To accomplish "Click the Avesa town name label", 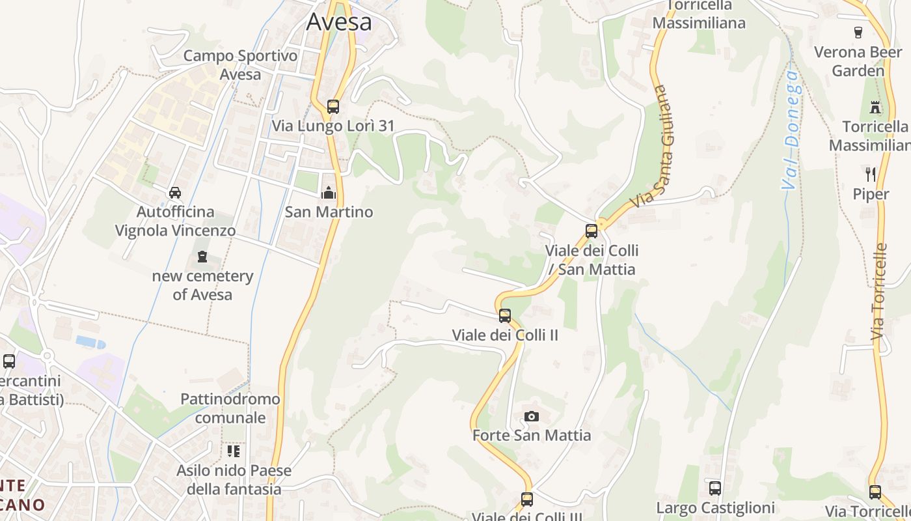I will pos(339,21).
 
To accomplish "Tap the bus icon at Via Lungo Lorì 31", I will pos(333,106).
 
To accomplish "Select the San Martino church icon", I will pos(329,193).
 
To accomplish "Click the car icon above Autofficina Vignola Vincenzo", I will pos(175,193).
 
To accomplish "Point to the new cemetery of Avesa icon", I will pos(202,257).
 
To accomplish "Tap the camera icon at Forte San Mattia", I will pos(532,416).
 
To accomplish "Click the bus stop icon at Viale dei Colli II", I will pos(505,316).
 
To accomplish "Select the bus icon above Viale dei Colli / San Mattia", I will pos(591,231).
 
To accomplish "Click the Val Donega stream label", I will pos(791,130).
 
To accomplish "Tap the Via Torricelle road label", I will pos(879,291).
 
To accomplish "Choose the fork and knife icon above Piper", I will pos(871,174).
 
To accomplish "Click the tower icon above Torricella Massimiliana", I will pos(875,107).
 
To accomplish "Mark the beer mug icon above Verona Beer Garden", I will pos(858,32).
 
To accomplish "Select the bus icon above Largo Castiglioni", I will pos(715,488).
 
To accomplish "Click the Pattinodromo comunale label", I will pos(230,408).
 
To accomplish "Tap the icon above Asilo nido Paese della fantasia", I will pos(234,451).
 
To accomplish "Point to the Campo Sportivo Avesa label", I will pos(240,65).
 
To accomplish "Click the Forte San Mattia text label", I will pos(532,435).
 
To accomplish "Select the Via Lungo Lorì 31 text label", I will pos(333,126).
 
